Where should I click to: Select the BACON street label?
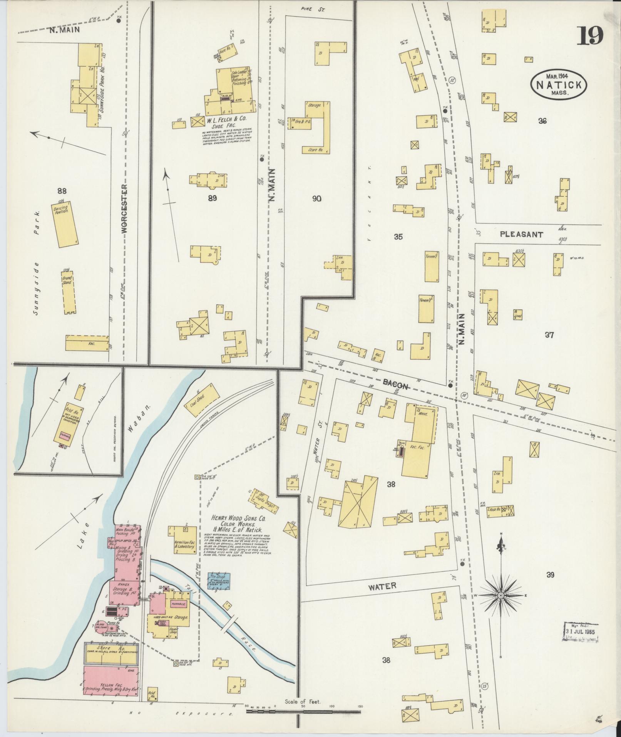pos(396,383)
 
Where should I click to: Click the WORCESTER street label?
pos(124,208)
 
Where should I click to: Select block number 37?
pos(549,335)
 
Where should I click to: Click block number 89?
pos(212,198)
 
